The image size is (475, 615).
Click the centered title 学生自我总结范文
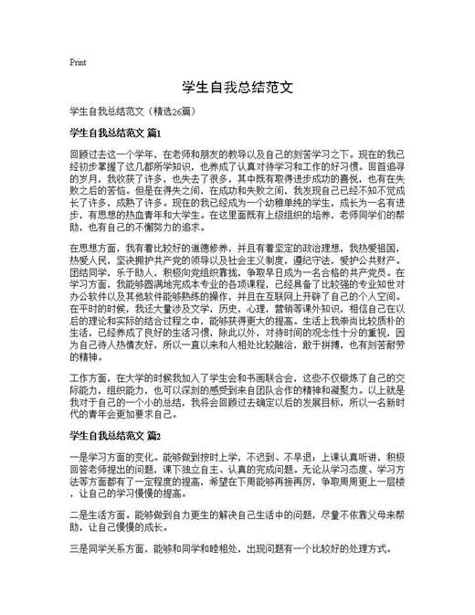pos(237,89)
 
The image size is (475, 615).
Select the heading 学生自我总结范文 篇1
pos(115,133)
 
